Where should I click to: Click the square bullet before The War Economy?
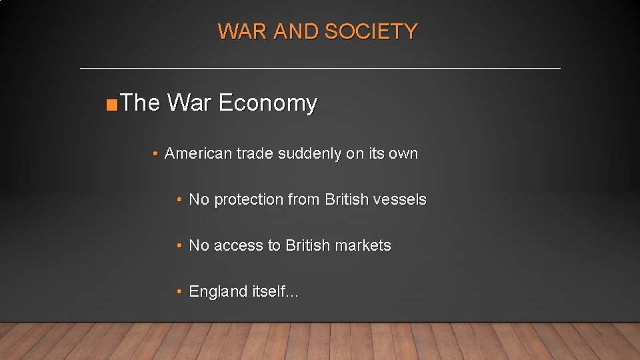pos(112,105)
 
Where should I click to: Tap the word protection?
pos(249,199)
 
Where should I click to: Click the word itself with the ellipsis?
pos(275,291)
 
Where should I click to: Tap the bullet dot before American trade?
pos(155,154)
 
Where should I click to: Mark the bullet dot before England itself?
pos(179,292)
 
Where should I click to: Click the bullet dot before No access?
pos(179,246)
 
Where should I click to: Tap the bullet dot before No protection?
pos(179,200)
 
